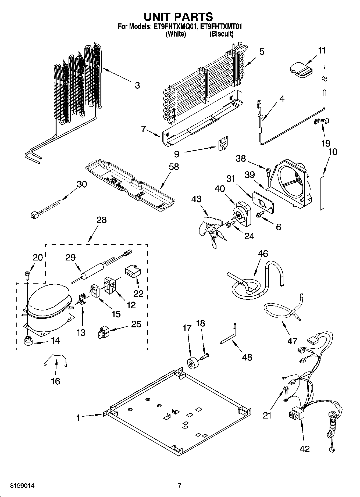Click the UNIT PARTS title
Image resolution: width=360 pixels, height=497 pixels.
pos(179,17)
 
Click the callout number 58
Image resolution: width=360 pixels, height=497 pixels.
pos(174,167)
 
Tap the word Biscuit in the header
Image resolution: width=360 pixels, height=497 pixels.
pos(221,34)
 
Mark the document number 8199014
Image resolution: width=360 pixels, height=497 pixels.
pos(23,485)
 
